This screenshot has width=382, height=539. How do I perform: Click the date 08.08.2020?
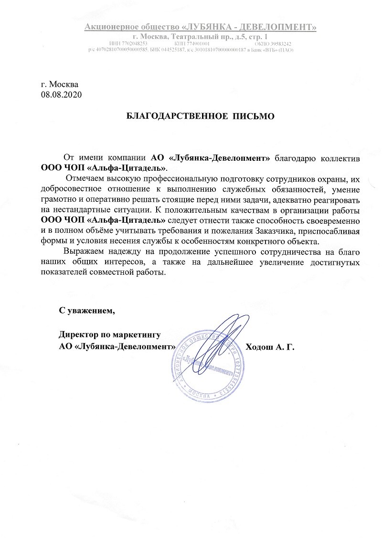tap(62, 94)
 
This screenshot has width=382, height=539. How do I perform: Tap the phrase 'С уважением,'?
tap(87, 311)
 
